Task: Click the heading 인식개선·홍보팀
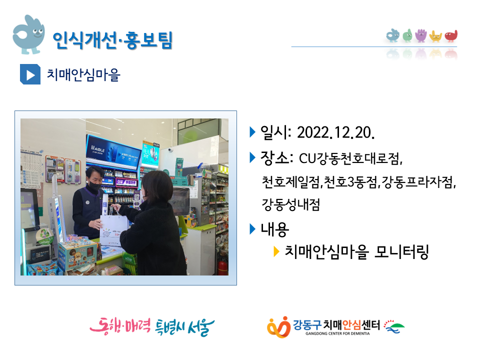click(x=112, y=40)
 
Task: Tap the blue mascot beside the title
click(x=28, y=34)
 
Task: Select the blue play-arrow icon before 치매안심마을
click(x=30, y=74)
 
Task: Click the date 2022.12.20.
click(x=336, y=132)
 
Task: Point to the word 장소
click(x=274, y=158)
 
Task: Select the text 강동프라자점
click(x=417, y=182)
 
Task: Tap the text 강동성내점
click(x=291, y=204)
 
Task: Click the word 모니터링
click(x=401, y=251)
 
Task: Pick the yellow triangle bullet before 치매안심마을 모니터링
click(x=276, y=251)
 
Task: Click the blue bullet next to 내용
click(x=252, y=228)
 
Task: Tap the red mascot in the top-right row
click(x=451, y=36)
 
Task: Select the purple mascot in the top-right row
click(x=421, y=35)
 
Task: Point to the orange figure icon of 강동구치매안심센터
click(x=278, y=327)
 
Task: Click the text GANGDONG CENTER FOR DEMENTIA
click(x=337, y=333)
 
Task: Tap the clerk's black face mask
click(x=94, y=186)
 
